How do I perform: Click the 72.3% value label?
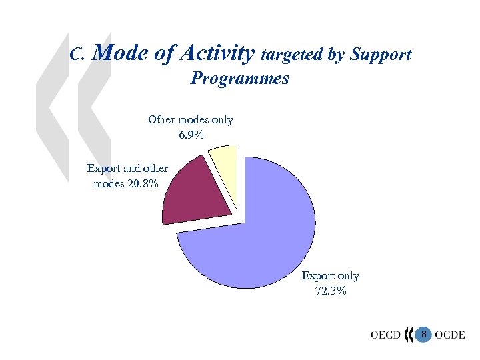point(330,291)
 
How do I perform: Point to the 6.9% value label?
point(191,135)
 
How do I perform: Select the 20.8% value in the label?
point(145,183)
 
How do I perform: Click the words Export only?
point(330,276)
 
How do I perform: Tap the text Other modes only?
point(191,120)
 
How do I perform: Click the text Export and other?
point(127,169)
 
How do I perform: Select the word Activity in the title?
point(215,53)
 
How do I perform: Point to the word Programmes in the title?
point(240,79)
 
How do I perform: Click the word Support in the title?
point(382,55)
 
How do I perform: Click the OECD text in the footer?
point(385,334)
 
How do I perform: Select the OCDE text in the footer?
point(450,334)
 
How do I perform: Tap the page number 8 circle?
point(423,333)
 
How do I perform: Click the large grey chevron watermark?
point(73,107)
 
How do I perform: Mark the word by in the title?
point(337,55)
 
